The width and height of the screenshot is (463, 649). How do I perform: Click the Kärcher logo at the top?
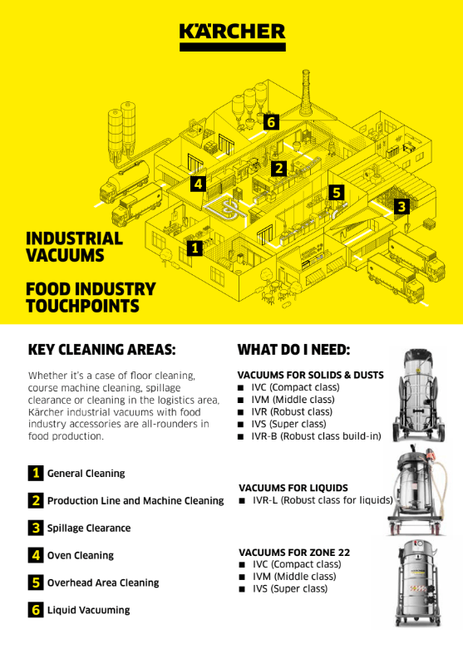click(x=232, y=37)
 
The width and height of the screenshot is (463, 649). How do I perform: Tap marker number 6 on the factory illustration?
click(x=271, y=122)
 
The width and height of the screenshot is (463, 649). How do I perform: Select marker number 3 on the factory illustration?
click(x=401, y=206)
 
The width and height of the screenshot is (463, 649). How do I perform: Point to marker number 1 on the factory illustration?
click(x=195, y=248)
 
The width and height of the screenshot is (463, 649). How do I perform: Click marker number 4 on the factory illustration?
click(x=198, y=184)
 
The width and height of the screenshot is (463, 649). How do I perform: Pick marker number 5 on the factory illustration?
click(x=337, y=193)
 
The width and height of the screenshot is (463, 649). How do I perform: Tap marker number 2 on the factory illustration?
click(x=278, y=168)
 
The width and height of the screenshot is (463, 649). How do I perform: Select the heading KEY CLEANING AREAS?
click(x=102, y=350)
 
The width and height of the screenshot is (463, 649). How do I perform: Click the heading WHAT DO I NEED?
click(x=294, y=350)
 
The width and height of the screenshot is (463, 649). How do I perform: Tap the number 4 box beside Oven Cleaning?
click(x=36, y=555)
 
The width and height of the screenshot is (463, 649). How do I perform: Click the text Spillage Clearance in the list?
click(x=89, y=529)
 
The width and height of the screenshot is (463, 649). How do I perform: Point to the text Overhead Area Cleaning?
click(x=103, y=583)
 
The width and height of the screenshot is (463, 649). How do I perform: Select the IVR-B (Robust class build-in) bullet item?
click(x=309, y=436)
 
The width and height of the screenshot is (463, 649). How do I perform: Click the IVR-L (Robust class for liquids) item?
click(x=316, y=500)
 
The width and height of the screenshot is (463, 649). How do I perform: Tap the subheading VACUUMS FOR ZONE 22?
click(x=294, y=553)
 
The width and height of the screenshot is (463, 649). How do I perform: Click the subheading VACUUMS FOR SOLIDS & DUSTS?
click(x=311, y=375)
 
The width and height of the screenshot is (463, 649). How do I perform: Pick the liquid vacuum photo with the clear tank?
click(x=418, y=490)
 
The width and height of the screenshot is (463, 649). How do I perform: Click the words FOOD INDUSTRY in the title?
click(x=91, y=289)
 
